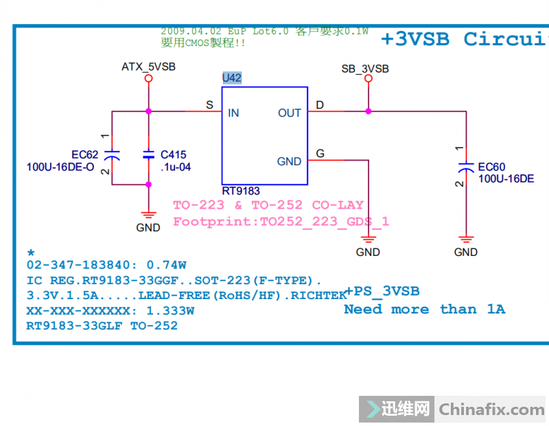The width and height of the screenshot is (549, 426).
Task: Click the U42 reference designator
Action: click(232, 78)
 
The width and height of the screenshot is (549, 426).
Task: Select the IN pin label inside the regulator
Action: click(233, 113)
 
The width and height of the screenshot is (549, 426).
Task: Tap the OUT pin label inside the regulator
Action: click(290, 113)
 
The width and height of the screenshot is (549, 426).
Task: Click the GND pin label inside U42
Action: click(289, 161)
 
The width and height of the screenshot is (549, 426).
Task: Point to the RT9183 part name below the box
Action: click(241, 191)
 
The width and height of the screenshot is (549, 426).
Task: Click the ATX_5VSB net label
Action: click(148, 67)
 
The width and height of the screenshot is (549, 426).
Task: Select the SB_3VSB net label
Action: click(365, 69)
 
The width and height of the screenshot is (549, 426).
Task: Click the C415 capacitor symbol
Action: click(148, 155)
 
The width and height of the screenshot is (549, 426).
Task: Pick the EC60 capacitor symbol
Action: click(466, 167)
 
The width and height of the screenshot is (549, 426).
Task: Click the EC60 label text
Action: click(491, 167)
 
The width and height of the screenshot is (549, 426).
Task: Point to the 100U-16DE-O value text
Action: click(60, 167)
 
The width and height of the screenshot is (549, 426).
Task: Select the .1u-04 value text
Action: click(176, 167)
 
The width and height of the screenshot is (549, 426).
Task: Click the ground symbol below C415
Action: click(148, 215)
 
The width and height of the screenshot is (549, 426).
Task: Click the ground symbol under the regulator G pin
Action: click(369, 239)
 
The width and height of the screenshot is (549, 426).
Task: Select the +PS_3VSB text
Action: click(382, 292)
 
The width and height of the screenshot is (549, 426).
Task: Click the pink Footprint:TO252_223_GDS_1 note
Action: click(281, 221)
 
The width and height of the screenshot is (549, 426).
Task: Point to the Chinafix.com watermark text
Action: click(491, 410)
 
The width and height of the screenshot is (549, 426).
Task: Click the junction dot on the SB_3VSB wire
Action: click(369, 110)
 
